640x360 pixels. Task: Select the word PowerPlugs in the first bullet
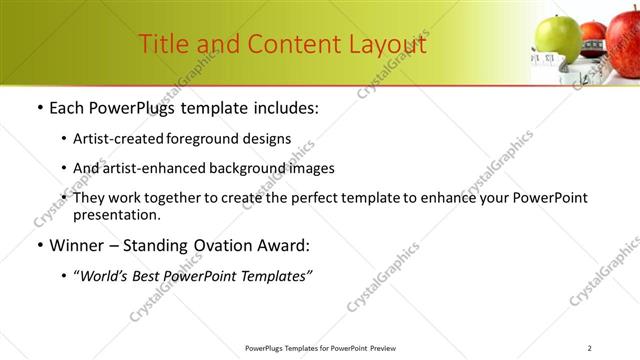coord(139,107)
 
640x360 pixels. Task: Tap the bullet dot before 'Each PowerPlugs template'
coord(38,108)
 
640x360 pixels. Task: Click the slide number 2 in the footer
coord(590,348)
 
